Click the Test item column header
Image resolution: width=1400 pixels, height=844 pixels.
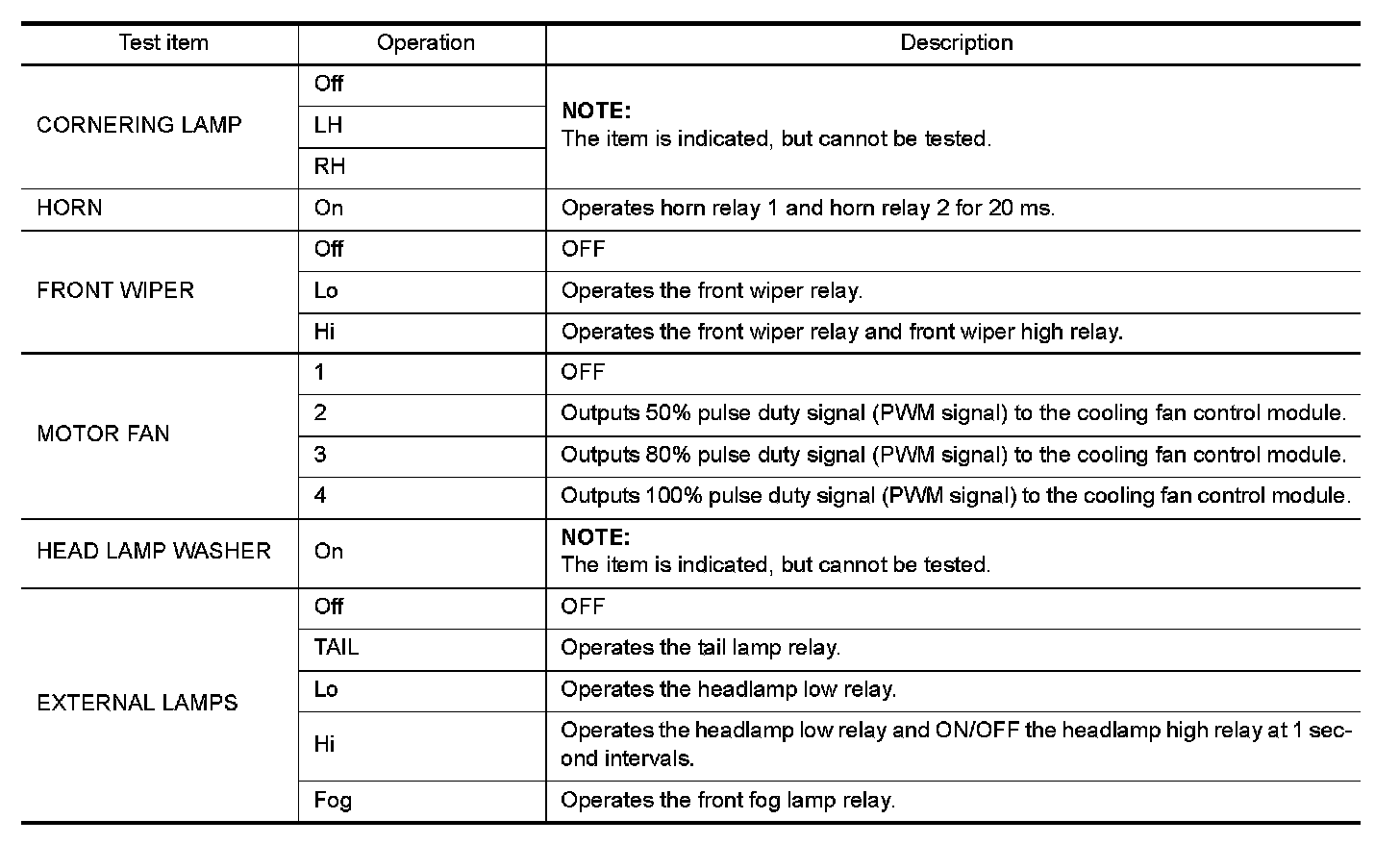(162, 43)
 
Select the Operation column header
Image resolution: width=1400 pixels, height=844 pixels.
(425, 43)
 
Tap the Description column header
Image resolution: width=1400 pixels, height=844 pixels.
(956, 43)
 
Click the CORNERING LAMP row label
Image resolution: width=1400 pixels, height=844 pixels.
(139, 125)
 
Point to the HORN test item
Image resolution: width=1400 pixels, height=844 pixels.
(69, 208)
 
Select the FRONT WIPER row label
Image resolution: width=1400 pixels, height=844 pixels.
(115, 290)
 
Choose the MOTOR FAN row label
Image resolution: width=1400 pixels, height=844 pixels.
(103, 434)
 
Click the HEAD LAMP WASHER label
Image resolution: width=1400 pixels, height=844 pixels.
(154, 551)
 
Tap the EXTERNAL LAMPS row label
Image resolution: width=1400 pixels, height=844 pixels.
(137, 703)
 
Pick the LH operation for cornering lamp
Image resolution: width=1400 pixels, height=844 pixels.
(329, 125)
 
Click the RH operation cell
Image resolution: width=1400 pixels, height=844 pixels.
(330, 166)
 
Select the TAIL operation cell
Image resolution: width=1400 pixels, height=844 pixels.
(337, 648)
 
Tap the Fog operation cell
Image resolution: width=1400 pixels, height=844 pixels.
(333, 800)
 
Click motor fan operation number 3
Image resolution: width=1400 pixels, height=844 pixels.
(320, 454)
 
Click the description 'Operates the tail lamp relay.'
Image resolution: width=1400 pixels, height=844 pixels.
(700, 648)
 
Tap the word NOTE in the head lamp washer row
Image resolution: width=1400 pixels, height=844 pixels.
(595, 537)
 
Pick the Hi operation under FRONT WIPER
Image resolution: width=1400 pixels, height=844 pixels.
(325, 332)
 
